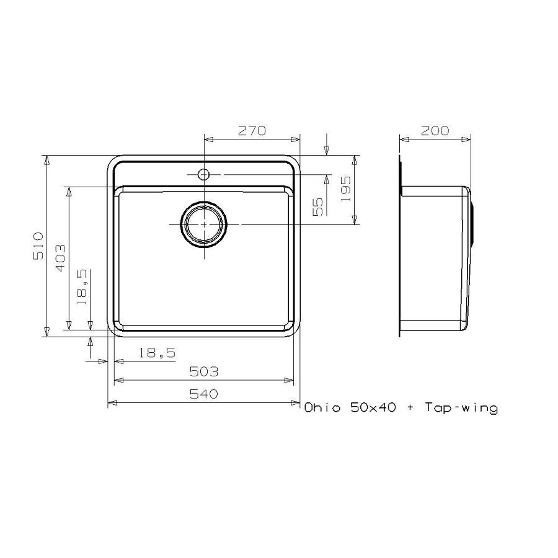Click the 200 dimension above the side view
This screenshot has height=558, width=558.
pyautogui.click(x=435, y=131)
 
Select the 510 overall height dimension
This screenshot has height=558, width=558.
pyautogui.click(x=38, y=246)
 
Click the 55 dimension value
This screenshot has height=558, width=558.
pyautogui.click(x=319, y=206)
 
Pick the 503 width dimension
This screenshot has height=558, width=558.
pyautogui.click(x=204, y=372)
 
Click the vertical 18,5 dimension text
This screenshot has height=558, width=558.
pyautogui.click(x=82, y=290)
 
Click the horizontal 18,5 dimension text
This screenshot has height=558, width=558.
pyautogui.click(x=157, y=353)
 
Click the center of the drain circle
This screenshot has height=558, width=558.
pyautogui.click(x=203, y=224)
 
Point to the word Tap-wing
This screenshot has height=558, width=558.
pyautogui.click(x=461, y=408)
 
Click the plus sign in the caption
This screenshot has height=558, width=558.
pyautogui.click(x=410, y=408)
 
